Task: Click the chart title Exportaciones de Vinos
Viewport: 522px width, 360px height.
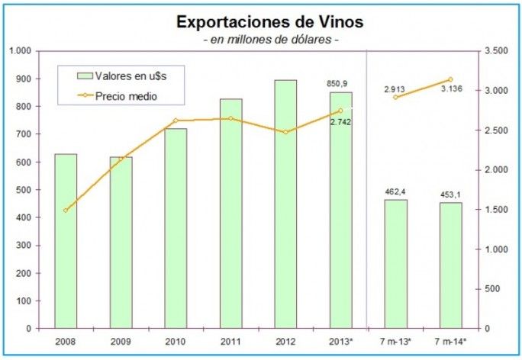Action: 269,21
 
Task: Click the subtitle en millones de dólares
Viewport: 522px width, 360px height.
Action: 269,39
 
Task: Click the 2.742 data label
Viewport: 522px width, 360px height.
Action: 340,122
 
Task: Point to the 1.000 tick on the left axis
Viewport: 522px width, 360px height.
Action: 20,51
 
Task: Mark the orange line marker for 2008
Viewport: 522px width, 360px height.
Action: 66,211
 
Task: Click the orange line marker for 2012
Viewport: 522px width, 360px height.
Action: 285,132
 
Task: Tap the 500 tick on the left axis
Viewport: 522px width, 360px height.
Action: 23,190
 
